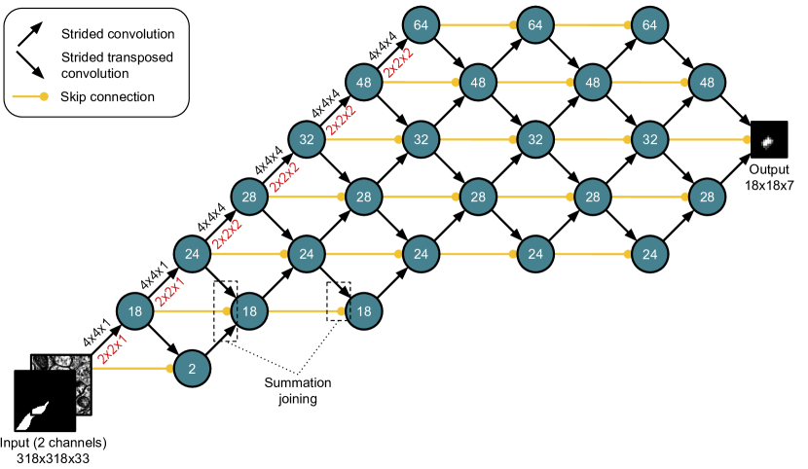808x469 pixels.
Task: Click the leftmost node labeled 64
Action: click(x=421, y=25)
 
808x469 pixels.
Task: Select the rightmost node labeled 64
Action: click(x=649, y=25)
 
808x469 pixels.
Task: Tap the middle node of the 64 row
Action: click(x=535, y=25)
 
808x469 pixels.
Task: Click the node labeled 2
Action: click(x=192, y=369)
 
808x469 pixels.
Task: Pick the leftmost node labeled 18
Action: click(x=135, y=311)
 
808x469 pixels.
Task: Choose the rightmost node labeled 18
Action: click(x=364, y=311)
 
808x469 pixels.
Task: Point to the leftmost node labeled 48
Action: click(x=364, y=83)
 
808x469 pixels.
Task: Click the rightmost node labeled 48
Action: click(x=707, y=83)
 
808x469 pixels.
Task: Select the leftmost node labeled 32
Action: click(x=307, y=139)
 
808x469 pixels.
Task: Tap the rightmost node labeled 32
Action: click(x=649, y=139)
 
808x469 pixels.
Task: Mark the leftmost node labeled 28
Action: click(x=249, y=197)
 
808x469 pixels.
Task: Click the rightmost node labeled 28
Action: click(x=707, y=197)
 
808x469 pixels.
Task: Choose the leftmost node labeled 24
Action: click(x=192, y=254)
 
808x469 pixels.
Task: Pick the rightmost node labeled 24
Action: click(x=649, y=254)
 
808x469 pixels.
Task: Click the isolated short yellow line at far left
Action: click(x=29, y=96)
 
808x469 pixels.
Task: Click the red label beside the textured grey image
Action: click(x=112, y=347)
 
